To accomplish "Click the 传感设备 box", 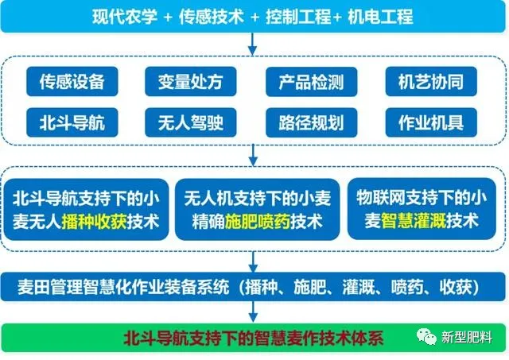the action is coord(72,81).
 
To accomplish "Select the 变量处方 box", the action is coord(191,81).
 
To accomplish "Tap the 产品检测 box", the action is coord(311,82).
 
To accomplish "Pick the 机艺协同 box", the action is coord(431,81).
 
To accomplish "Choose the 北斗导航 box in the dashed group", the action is coord(72,122).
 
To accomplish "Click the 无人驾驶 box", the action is coord(191,122).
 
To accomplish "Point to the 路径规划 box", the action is coord(311,122).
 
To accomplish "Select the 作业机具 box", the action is coord(431,122).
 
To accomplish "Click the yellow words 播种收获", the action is coord(94,223).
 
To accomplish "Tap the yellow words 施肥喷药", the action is coord(258,223).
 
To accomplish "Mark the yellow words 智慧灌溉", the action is coord(414,221).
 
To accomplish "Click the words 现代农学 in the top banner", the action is coord(125,17).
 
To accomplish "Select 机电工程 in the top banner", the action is coord(380,17).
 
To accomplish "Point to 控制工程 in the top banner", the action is coord(298,17).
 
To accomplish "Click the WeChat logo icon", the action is coord(426,336).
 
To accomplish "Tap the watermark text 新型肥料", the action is coord(467,338).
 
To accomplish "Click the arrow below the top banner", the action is coord(252,45).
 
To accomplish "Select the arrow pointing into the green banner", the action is coord(253,312).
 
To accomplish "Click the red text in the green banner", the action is coord(254,338).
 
